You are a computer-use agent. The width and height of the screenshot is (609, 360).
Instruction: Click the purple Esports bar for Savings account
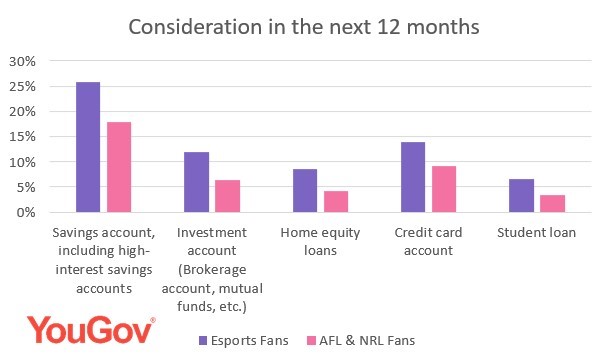pyautogui.click(x=88, y=148)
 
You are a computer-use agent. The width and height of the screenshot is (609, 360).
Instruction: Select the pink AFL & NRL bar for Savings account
pyautogui.click(x=119, y=167)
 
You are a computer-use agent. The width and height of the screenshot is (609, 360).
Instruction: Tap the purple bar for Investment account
pyautogui.click(x=196, y=182)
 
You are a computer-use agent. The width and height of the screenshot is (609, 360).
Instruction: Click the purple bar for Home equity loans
pyautogui.click(x=304, y=191)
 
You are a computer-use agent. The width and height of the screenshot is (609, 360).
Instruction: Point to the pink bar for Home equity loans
pyautogui.click(x=335, y=201)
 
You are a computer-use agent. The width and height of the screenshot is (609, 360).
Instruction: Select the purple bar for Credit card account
pyautogui.click(x=412, y=177)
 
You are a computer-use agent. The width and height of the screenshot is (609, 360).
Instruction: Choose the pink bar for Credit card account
pyautogui.click(x=443, y=189)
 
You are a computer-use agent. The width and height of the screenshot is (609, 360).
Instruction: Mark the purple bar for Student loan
pyautogui.click(x=520, y=196)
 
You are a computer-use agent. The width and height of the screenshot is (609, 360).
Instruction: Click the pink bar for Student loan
pyautogui.click(x=551, y=203)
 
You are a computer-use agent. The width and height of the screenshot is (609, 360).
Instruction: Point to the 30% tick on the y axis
pyautogui.click(x=22, y=61)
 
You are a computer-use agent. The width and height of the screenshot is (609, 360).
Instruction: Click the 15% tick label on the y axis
pyautogui.click(x=22, y=137)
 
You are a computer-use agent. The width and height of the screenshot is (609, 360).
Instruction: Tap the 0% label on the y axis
pyautogui.click(x=25, y=212)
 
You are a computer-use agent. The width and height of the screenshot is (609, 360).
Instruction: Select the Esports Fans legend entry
pyautogui.click(x=243, y=341)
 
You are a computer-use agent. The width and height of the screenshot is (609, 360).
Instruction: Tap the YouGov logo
pyautogui.click(x=91, y=330)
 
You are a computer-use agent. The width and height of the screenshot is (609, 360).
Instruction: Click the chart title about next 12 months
pyautogui.click(x=303, y=26)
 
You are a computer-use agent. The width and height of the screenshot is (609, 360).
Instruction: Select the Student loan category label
pyautogui.click(x=536, y=232)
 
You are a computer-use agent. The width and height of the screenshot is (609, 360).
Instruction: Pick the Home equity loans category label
pyautogui.click(x=320, y=240)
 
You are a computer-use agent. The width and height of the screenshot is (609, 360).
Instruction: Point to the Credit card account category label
pyautogui.click(x=428, y=240)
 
